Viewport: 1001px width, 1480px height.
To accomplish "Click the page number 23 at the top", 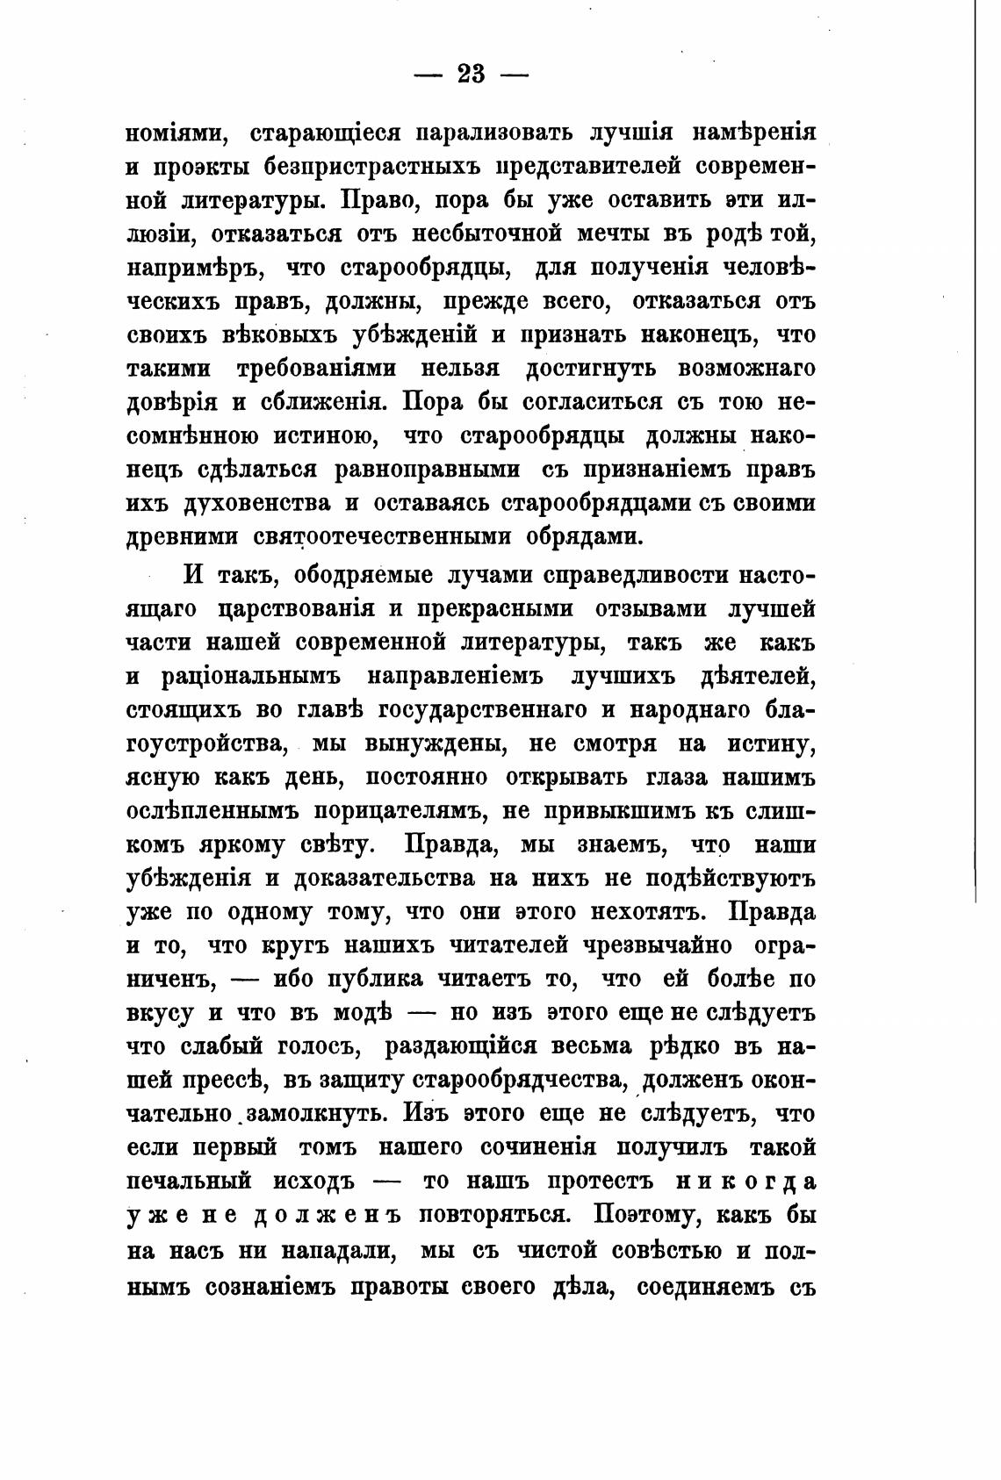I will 471,74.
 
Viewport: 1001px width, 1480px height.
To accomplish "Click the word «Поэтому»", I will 646,1215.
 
